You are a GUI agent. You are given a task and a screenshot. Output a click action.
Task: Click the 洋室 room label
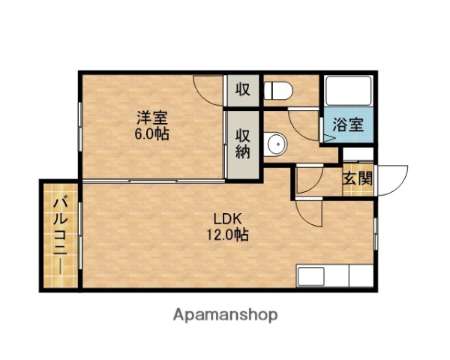click(x=151, y=118)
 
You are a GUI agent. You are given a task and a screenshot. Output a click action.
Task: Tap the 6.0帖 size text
click(x=151, y=134)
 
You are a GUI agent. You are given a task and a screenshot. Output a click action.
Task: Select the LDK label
click(x=226, y=218)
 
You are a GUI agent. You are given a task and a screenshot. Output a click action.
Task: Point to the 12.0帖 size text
click(x=227, y=235)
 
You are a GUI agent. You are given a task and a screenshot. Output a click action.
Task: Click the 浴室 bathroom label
click(x=349, y=124)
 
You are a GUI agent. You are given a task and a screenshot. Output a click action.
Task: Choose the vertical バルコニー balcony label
click(x=58, y=236)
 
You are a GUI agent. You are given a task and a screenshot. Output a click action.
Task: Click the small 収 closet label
click(x=242, y=90)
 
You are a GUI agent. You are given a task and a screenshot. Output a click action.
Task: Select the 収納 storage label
click(x=243, y=144)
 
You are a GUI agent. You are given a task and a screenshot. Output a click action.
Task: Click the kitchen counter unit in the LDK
click(x=334, y=275)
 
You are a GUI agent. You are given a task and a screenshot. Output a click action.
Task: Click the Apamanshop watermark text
click(x=224, y=314)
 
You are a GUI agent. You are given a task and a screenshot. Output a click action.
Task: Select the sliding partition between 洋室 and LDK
click(x=154, y=181)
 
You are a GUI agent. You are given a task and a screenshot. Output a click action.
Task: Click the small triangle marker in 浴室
click(x=331, y=139)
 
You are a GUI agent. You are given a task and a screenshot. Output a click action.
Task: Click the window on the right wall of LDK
click(x=373, y=234)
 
